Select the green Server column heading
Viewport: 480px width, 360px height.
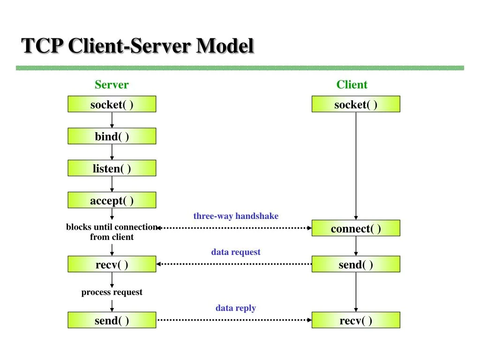(112, 85)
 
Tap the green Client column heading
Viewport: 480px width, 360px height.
(352, 85)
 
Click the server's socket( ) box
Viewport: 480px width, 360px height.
(112, 104)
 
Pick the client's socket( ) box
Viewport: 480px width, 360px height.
(356, 104)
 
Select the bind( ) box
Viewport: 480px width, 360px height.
(112, 136)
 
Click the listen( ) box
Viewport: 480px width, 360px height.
(112, 168)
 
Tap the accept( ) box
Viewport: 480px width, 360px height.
(112, 200)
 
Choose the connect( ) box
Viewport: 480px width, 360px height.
(356, 228)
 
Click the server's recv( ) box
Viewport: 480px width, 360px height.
(112, 264)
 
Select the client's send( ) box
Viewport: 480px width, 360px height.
(356, 264)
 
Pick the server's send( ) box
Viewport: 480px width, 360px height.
(112, 320)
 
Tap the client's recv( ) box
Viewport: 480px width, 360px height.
(356, 320)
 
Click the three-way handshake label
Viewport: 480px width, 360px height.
(236, 216)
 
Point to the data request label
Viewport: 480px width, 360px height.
(235, 252)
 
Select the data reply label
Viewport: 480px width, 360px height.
(235, 308)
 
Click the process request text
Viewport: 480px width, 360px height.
(112, 292)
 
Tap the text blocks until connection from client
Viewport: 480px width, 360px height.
(112, 232)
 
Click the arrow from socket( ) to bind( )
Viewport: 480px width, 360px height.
(112, 120)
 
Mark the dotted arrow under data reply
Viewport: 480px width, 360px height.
(234, 320)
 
